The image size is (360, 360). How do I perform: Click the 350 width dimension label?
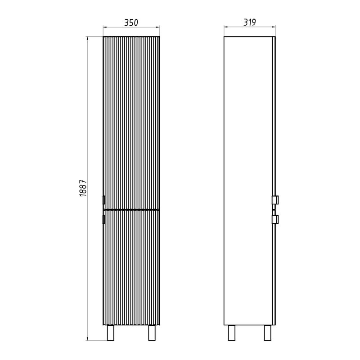131,23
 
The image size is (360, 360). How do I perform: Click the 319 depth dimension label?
250,22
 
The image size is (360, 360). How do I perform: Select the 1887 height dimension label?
83,188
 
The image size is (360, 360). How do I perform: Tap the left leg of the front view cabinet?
111,333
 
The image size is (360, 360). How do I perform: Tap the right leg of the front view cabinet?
152,333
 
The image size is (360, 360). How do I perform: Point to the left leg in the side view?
232,333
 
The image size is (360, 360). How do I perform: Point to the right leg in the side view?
267,333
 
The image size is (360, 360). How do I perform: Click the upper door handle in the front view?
104,200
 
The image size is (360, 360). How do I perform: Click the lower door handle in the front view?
104,219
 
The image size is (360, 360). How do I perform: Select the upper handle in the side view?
275,200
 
